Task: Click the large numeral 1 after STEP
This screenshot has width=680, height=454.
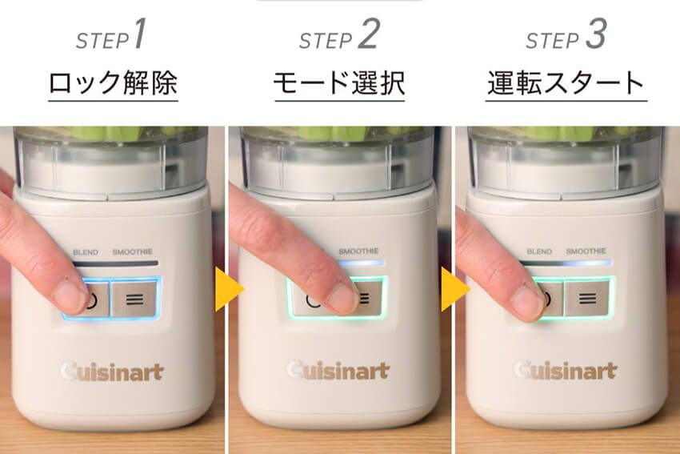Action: click(x=140, y=34)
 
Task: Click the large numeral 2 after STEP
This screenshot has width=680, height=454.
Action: click(x=369, y=34)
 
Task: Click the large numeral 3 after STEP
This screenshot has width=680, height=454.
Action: click(x=596, y=34)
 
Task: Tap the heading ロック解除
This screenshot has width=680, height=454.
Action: click(x=113, y=83)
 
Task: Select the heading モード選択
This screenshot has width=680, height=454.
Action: click(x=339, y=83)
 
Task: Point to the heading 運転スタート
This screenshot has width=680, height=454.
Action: click(x=566, y=83)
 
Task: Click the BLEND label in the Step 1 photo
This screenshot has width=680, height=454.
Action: click(x=86, y=252)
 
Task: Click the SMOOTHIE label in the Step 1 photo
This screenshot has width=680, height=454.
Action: click(x=133, y=251)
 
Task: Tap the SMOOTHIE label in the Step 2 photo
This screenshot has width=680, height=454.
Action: click(x=358, y=251)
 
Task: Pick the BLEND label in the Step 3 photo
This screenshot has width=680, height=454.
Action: click(x=539, y=251)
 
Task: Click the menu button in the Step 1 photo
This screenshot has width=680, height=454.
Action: click(x=134, y=299)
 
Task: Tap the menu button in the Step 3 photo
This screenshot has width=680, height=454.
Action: click(x=587, y=298)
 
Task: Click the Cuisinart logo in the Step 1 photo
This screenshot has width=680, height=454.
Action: click(x=112, y=372)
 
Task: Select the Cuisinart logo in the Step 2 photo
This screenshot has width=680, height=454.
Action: click(x=338, y=371)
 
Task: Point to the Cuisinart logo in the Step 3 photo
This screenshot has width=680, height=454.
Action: click(x=566, y=370)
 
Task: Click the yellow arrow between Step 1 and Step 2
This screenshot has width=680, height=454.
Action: click(x=228, y=289)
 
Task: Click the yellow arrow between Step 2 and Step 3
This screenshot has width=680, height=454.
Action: click(x=454, y=289)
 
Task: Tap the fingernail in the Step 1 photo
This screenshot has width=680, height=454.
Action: click(x=70, y=297)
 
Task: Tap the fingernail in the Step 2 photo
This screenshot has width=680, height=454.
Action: click(x=342, y=298)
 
